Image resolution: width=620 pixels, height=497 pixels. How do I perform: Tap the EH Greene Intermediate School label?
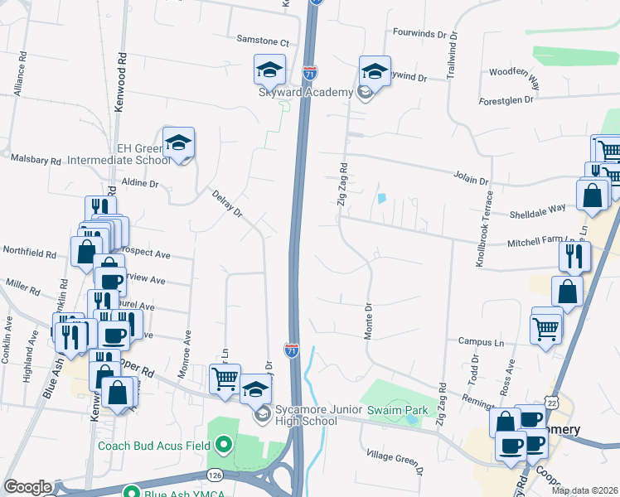tap(143, 154)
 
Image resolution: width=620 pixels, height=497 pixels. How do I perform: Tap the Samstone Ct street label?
tap(262, 41)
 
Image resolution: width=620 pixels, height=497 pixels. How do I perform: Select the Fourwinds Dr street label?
tap(424, 36)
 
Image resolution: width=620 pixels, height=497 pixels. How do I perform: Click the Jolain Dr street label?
tap(471, 177)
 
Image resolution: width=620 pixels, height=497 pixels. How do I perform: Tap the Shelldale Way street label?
tap(537, 209)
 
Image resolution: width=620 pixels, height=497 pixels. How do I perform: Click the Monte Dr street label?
tap(369, 319)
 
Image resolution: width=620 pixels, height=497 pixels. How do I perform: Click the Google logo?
tap(27, 487)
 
